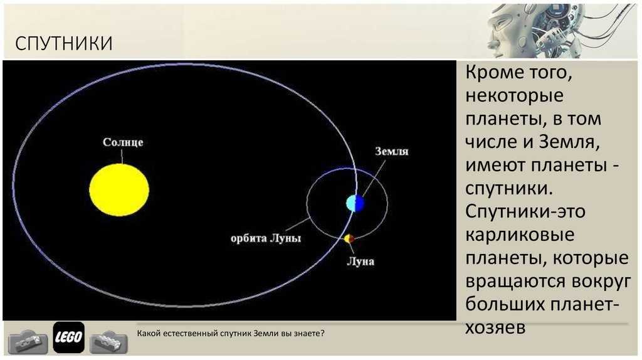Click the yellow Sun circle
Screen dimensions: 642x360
tap(119, 189)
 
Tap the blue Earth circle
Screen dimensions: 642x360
tap(355, 203)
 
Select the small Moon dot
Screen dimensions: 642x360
tap(349, 238)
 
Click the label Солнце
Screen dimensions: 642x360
tap(123, 142)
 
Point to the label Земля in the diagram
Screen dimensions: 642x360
tap(392, 152)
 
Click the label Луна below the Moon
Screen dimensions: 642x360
tap(360, 262)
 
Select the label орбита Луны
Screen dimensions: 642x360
tap(266, 238)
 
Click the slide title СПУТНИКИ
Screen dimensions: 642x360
tap(63, 43)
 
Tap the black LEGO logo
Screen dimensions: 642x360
tap(69, 337)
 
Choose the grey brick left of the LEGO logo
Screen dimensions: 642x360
tap(28, 341)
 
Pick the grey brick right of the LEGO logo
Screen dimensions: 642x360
tap(108, 341)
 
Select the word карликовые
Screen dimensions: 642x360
tap(520, 235)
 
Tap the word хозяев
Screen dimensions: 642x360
tap(495, 327)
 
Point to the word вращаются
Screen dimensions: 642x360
tap(519, 282)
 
